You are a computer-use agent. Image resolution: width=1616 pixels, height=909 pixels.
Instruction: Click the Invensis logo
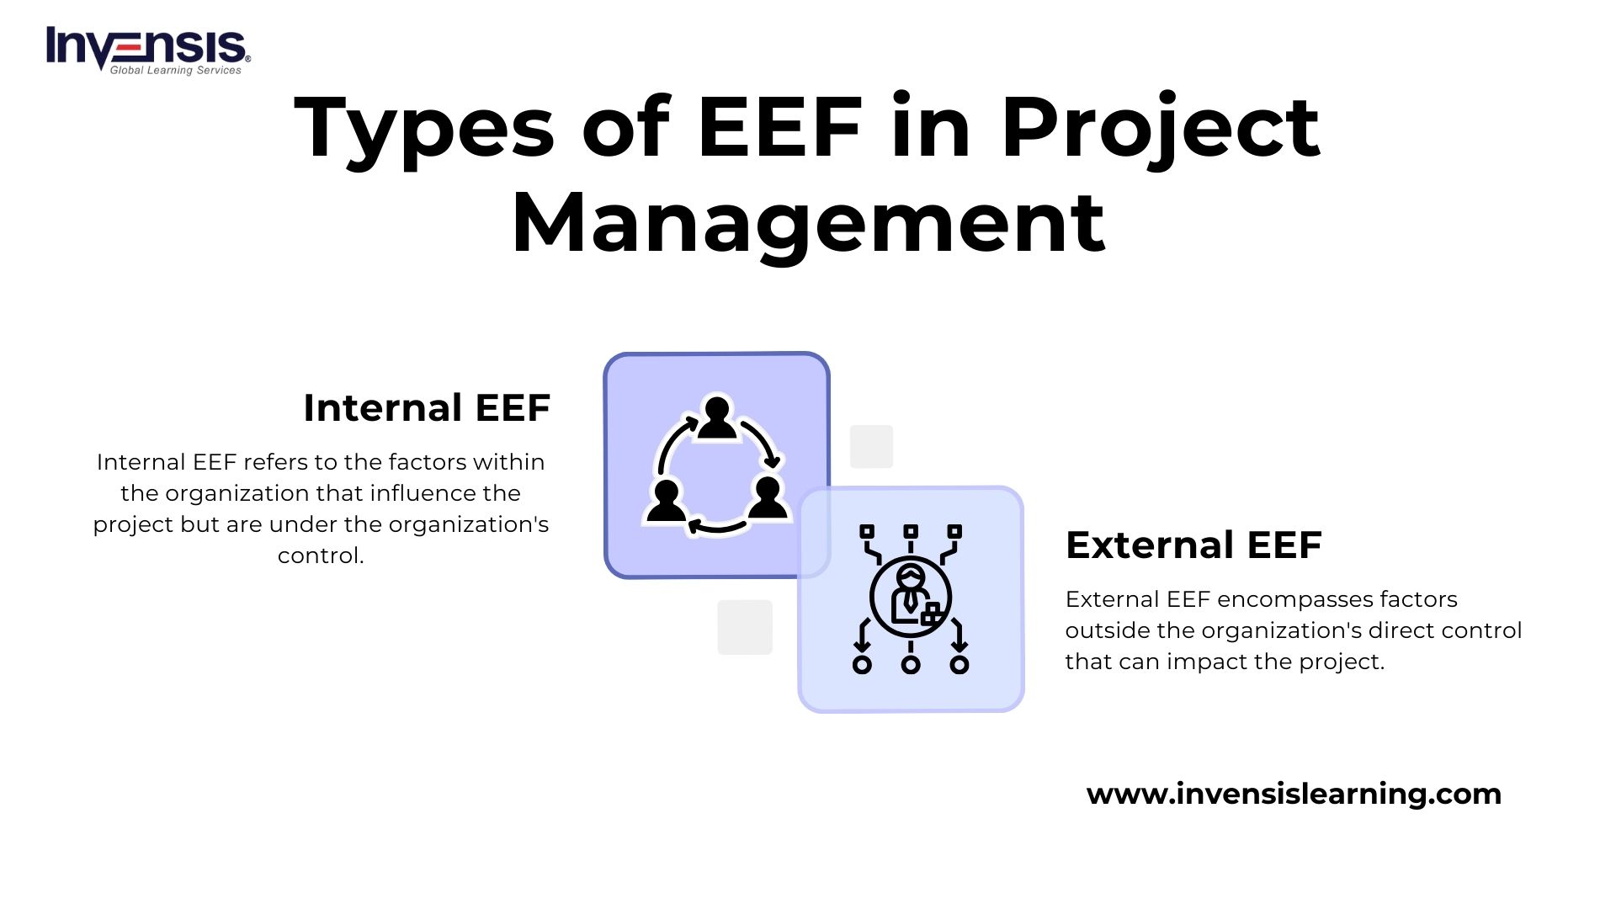click(147, 49)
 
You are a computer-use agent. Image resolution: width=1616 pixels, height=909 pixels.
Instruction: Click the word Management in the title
click(808, 223)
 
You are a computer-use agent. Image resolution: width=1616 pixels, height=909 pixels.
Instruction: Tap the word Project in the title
click(1160, 129)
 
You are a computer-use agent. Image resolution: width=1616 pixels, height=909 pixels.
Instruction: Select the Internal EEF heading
click(427, 408)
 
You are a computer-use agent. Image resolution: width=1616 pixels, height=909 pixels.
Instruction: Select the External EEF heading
click(1193, 545)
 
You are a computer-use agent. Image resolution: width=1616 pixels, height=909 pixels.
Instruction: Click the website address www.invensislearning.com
click(1294, 794)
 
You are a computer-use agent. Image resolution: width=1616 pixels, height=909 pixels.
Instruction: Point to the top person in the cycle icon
click(717, 418)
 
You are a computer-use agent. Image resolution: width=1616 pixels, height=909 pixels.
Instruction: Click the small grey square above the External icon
click(871, 446)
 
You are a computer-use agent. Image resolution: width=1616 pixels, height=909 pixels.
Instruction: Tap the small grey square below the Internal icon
click(745, 627)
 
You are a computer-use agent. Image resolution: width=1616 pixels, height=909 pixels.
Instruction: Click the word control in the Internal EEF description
click(320, 555)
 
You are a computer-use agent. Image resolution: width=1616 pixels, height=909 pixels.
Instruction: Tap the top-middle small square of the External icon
click(911, 531)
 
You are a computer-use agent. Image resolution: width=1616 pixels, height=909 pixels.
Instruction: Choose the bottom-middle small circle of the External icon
click(911, 665)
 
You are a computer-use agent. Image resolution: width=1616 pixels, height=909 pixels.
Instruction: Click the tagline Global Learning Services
click(175, 71)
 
